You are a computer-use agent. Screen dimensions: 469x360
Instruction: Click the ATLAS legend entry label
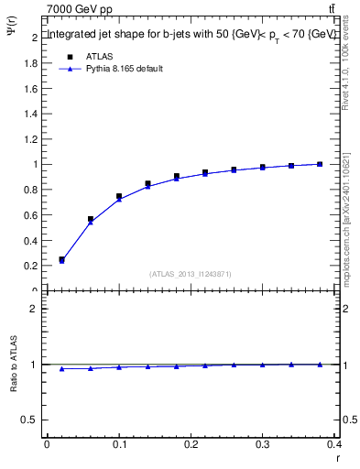point(100,57)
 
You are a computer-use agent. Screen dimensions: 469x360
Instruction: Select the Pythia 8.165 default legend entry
point(125,69)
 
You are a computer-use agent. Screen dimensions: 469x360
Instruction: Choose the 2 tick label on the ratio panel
point(34,309)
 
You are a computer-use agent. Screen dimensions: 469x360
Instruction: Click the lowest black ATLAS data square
point(61,259)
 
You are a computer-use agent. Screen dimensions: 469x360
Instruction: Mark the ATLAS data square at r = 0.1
point(119,196)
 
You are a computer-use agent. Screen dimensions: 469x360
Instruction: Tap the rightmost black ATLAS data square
point(320,164)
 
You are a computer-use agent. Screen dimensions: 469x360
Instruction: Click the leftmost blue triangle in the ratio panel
point(61,368)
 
